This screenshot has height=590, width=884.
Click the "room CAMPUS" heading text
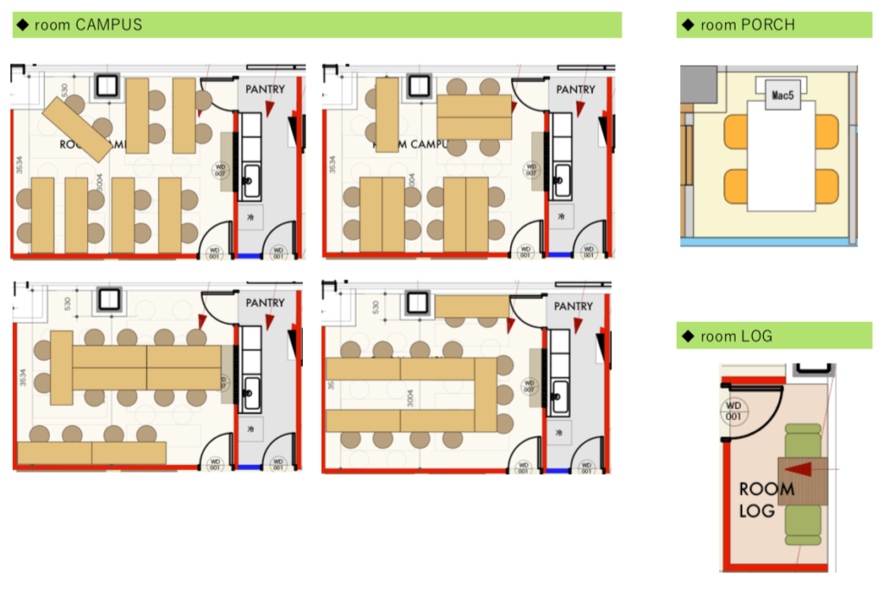coord(87,25)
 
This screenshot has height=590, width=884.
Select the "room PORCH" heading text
coord(747,25)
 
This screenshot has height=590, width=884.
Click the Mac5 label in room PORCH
coord(782,95)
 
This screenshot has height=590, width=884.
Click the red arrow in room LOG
coord(803,470)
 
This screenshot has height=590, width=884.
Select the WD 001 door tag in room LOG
coord(734,411)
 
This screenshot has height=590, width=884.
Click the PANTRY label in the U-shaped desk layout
coord(575,306)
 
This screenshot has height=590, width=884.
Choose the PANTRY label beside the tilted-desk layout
coord(264,89)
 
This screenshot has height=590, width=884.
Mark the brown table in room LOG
coord(803,481)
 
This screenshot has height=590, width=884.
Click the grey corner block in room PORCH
coord(698,84)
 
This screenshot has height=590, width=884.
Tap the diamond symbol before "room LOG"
coord(688,336)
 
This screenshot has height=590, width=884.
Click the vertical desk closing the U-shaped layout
coord(486,395)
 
